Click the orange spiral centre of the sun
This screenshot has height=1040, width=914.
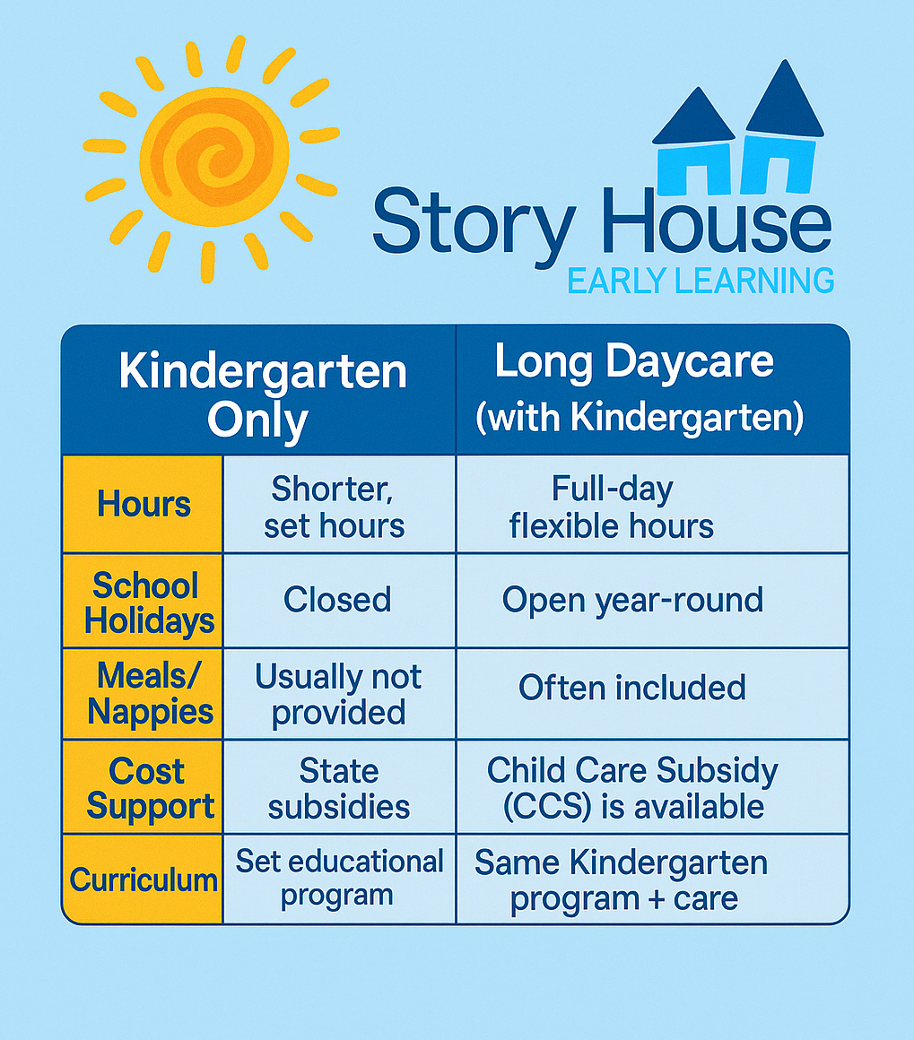pos(213,157)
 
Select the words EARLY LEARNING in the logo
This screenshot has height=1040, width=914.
pos(701,281)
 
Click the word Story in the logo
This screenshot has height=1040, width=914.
pos(474,222)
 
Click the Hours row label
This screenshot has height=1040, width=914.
pos(144,504)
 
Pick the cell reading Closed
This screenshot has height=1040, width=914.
pos(337,600)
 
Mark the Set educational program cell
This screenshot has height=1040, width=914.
pos(339,878)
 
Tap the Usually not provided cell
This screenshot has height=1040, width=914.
pos(338,695)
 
